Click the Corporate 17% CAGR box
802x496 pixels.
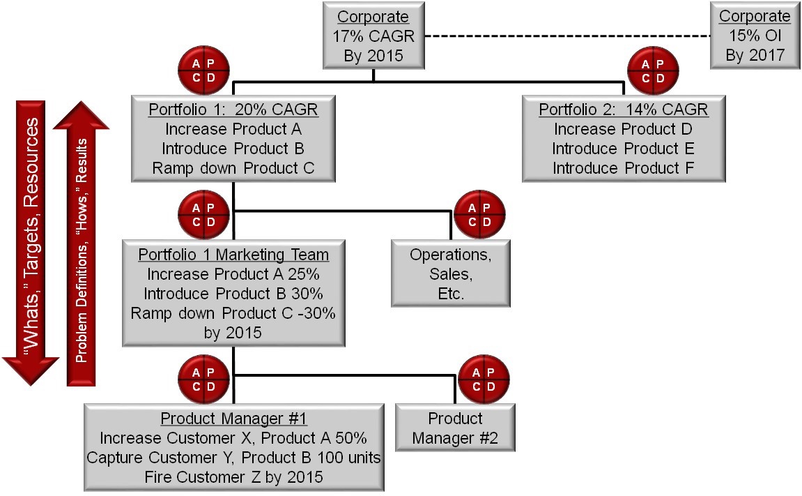tap(373, 36)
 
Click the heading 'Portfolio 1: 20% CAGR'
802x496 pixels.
tap(233, 110)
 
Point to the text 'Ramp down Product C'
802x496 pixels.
tap(233, 168)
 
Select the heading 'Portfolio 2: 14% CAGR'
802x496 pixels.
tap(623, 110)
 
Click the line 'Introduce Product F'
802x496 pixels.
tap(623, 168)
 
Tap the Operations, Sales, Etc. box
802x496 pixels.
tap(450, 273)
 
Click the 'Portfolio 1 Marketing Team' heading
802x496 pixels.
tap(233, 255)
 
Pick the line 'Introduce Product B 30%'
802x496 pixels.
tap(233, 294)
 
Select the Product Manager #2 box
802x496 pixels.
tap(454, 428)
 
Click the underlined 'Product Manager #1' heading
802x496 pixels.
tap(233, 419)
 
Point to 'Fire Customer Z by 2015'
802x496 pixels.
tap(233, 477)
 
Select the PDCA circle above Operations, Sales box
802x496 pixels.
tap(479, 214)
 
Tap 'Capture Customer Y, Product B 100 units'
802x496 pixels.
tap(233, 458)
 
